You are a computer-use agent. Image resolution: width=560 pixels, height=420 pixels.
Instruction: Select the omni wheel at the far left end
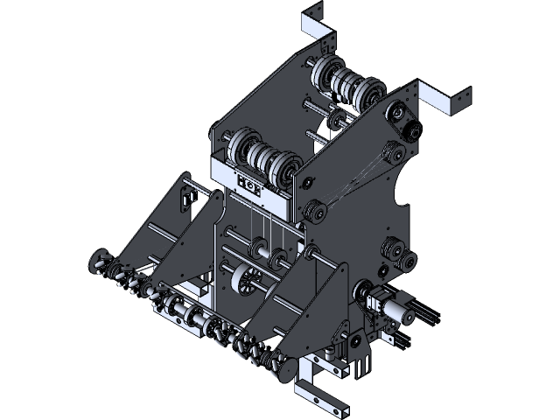[99, 261]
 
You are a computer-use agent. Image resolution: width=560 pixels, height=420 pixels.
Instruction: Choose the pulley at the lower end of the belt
[313, 212]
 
